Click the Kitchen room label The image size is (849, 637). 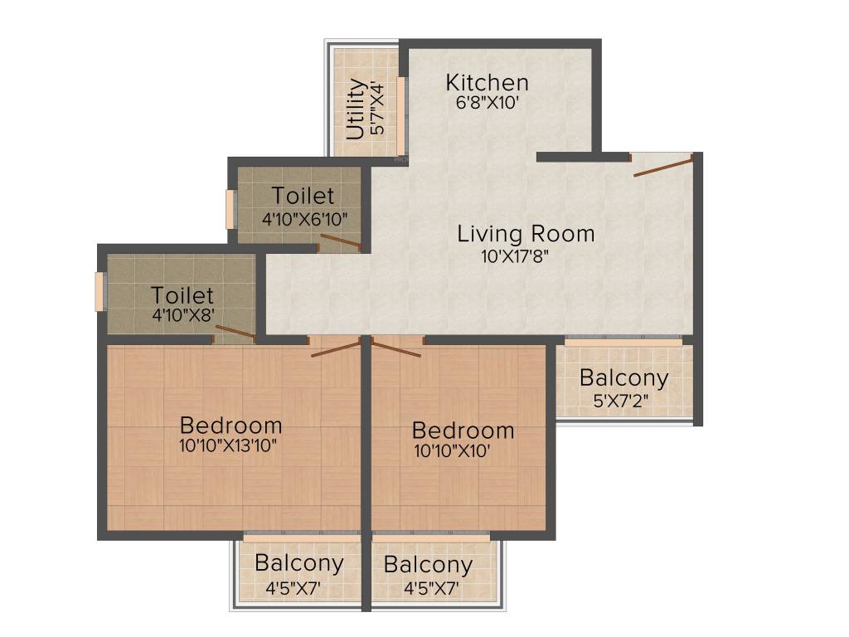487,83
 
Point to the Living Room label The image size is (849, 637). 526,234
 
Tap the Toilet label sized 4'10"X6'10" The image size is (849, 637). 303,197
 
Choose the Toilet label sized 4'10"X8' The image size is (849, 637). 182,295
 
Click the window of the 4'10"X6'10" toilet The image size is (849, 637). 231,209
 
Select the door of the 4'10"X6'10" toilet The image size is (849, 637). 340,241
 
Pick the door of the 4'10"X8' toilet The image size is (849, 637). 235,333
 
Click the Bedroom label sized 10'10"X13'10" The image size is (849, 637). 230,425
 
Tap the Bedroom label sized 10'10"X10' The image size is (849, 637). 463,431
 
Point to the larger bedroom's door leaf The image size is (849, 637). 336,348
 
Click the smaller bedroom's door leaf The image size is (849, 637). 395,348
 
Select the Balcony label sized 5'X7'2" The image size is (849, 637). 623,378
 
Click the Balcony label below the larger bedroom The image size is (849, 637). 298,563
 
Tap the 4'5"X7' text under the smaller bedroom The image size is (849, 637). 431,589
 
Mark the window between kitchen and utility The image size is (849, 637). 400,116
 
